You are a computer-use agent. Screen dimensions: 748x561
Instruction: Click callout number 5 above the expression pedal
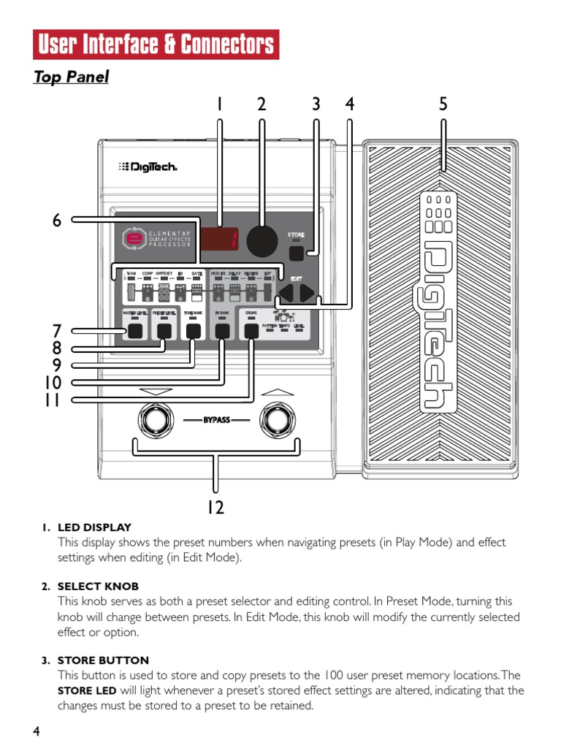coord(443,104)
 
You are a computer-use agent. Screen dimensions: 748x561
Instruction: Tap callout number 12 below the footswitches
coord(215,507)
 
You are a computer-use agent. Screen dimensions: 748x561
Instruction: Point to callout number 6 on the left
coord(57,220)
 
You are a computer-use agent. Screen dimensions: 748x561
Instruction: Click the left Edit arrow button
coord(287,294)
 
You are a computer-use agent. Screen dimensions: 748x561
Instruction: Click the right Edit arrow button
coord(308,294)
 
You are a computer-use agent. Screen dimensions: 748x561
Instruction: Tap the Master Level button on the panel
coord(135,331)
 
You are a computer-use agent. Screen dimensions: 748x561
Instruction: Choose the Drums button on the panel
coord(251,331)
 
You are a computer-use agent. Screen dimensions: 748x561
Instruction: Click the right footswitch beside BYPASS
coord(278,420)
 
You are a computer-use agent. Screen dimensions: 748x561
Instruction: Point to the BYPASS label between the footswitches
coord(216,421)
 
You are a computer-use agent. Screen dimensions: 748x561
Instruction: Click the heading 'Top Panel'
coord(71,77)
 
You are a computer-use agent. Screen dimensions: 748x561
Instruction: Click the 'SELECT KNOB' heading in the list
coord(98,587)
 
